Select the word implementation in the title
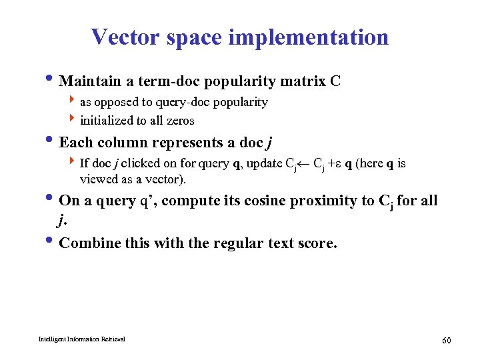308,37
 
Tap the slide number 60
447,341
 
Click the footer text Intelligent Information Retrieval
72,339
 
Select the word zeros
180,121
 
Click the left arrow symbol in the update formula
304,163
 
